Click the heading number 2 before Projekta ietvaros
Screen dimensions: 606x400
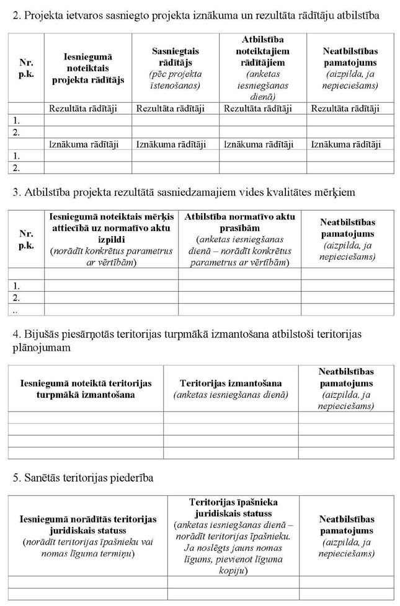tap(16, 14)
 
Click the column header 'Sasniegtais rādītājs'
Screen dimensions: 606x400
tap(176, 57)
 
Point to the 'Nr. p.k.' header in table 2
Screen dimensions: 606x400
tap(26, 68)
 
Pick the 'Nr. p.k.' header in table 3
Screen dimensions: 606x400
tap(26, 240)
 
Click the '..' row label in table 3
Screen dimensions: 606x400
tap(15, 309)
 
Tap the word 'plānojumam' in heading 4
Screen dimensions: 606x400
tap(41, 348)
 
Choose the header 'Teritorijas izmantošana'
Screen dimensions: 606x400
tap(231, 384)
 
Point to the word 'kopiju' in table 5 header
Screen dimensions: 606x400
tap(233, 570)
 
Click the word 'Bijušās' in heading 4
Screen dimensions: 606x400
tap(43, 335)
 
